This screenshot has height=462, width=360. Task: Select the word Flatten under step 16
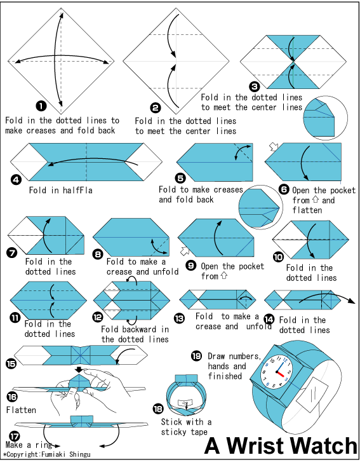21,410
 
